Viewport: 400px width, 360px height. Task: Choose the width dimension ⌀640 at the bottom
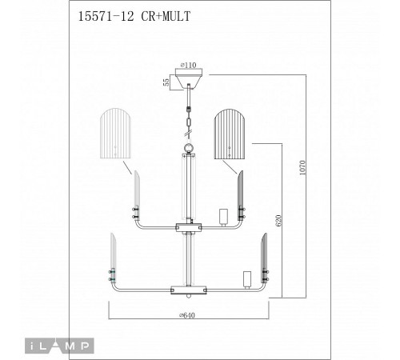pyautogui.click(x=190, y=314)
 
